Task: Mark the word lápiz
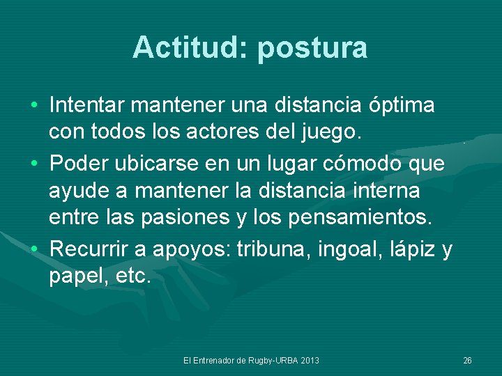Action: [x=416, y=248]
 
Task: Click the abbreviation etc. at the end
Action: [x=130, y=276]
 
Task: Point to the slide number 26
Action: [x=467, y=360]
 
